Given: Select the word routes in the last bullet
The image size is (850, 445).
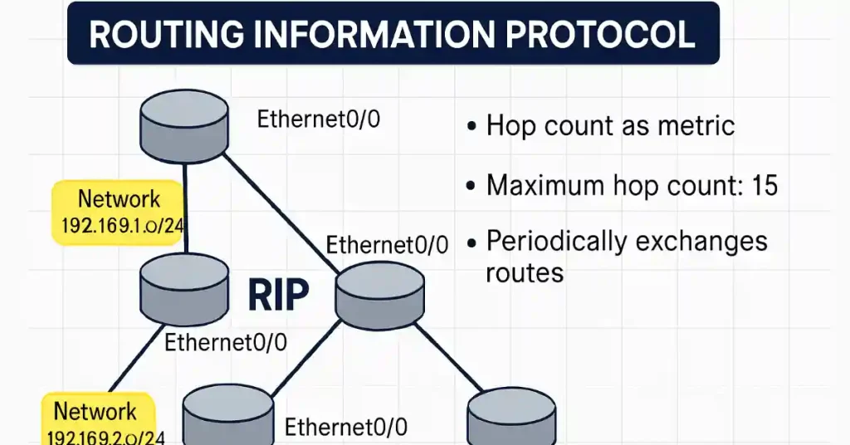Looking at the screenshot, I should (x=525, y=271).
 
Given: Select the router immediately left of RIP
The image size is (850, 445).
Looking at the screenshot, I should (x=184, y=280).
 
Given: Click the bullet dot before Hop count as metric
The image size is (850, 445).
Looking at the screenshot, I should (x=471, y=128).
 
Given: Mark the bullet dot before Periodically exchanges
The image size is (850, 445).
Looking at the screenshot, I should (x=471, y=243).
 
